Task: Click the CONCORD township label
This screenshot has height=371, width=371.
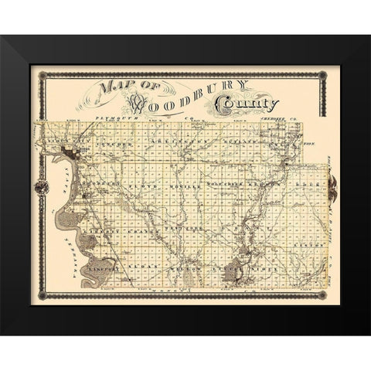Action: tap(114, 143)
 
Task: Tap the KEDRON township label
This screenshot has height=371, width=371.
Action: tap(270, 186)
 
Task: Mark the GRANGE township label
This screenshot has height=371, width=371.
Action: tap(135, 229)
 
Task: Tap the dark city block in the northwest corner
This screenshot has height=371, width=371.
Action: tap(78, 149)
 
